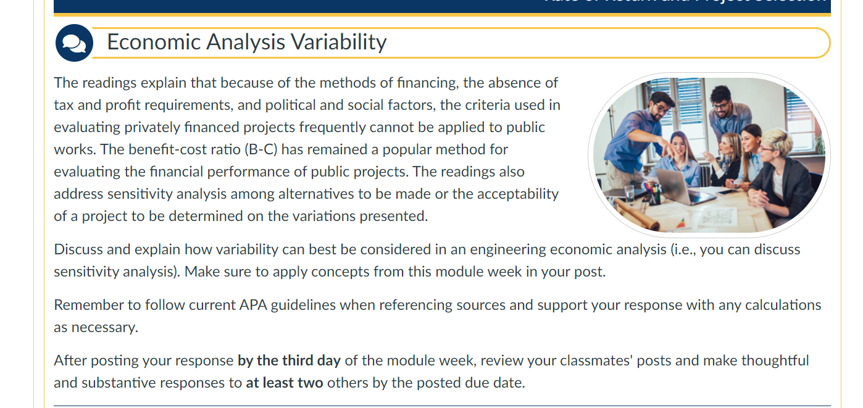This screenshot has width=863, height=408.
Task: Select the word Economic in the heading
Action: pyautogui.click(x=154, y=42)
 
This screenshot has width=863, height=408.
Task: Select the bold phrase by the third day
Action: pyautogui.click(x=289, y=360)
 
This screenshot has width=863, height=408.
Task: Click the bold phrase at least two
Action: pyautogui.click(x=284, y=383)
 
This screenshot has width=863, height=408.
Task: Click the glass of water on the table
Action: pyautogui.click(x=629, y=194)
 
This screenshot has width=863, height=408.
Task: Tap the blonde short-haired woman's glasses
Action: pyautogui.click(x=765, y=148)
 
